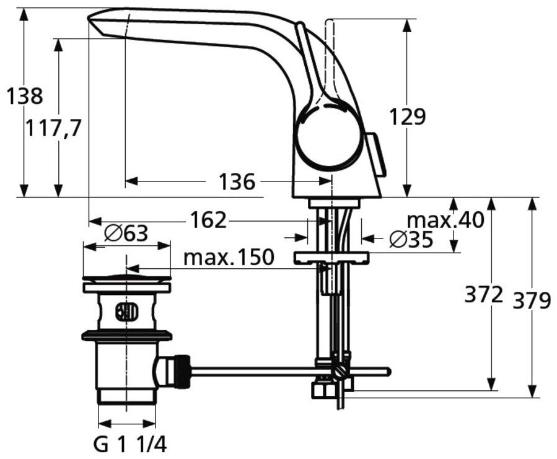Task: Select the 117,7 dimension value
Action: coord(54,128)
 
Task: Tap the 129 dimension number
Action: coord(407,116)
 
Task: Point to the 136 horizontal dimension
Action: coord(237,182)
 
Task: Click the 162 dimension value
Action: coord(208,220)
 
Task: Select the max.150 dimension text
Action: coord(228,257)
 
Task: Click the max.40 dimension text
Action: coord(445,219)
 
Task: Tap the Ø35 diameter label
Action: coord(411,240)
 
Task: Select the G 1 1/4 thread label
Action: coord(129,444)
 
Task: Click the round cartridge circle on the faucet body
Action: coord(328,137)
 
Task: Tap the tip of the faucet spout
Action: coord(93,20)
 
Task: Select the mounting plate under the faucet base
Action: coord(331,257)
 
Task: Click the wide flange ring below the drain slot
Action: coord(126,336)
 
